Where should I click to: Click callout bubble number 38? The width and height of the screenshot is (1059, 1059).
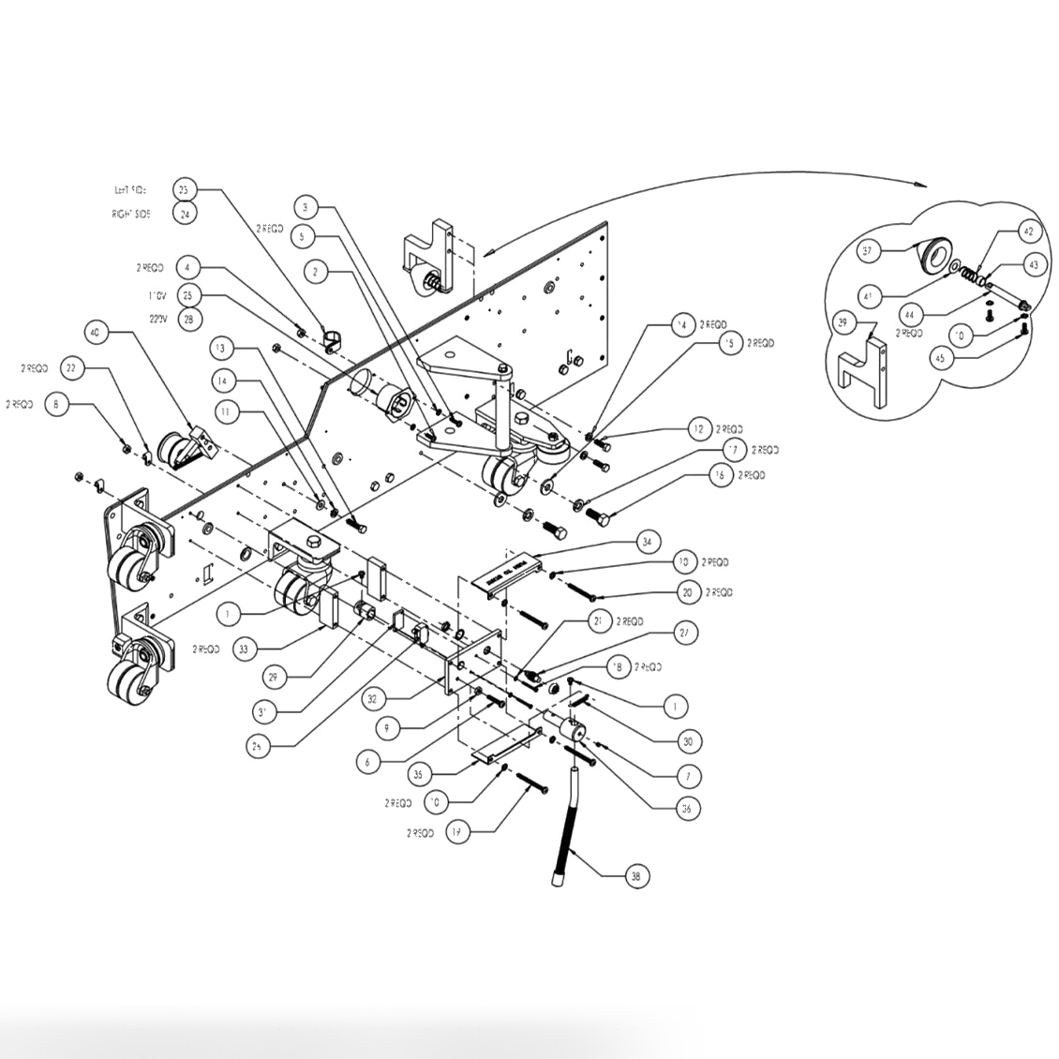point(636,876)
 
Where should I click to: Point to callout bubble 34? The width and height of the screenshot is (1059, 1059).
point(647,542)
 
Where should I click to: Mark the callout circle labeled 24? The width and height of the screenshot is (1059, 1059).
point(186,213)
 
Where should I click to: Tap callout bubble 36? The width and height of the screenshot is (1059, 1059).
point(688,808)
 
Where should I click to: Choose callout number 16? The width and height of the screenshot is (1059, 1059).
point(719,476)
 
